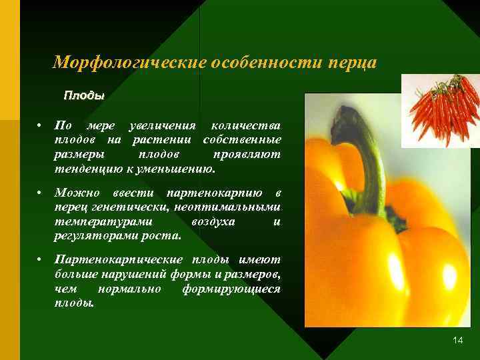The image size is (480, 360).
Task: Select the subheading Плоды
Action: point(84,95)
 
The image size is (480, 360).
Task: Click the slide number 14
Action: point(457,341)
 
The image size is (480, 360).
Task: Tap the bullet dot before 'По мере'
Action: point(41,126)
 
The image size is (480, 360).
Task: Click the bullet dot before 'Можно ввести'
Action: point(41,193)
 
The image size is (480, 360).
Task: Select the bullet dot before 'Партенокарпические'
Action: point(41,259)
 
